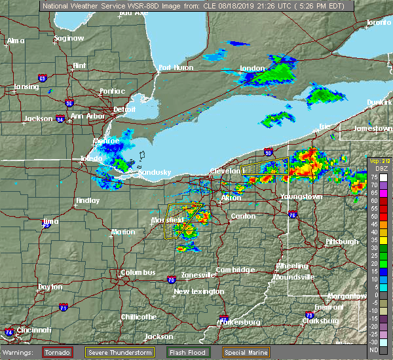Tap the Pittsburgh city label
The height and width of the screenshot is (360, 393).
coord(342,242)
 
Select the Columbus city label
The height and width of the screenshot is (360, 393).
coord(138,272)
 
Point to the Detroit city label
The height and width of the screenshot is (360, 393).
coord(124,109)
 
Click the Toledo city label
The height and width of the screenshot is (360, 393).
coord(91,159)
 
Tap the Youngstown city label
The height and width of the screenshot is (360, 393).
coord(301,196)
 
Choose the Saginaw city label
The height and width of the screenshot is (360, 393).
coord(69,38)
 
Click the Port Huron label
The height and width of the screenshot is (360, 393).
coord(175,67)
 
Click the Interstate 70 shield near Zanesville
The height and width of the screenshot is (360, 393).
coord(171,279)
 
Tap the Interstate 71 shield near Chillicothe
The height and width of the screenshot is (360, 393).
coord(64,307)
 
